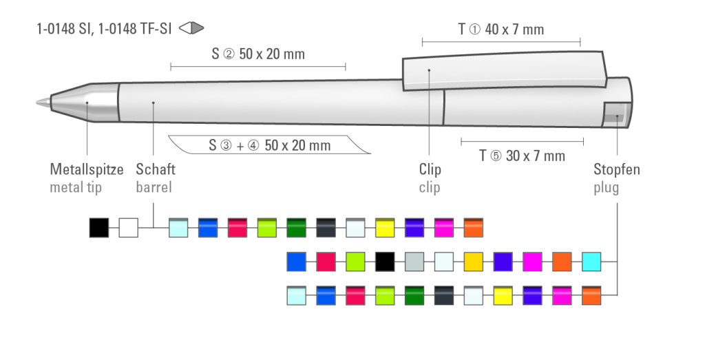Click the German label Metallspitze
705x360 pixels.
pyautogui.click(x=86, y=169)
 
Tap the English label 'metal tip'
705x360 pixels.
pyautogui.click(x=76, y=187)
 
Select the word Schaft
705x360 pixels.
pyautogui.click(x=156, y=169)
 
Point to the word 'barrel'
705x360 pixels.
pyautogui.click(x=154, y=187)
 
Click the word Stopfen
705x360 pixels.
pyautogui.click(x=616, y=169)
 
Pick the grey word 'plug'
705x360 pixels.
pyautogui.click(x=606, y=188)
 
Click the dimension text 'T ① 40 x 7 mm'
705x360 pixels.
pyautogui.click(x=501, y=30)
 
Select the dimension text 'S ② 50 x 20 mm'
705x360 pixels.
pyautogui.click(x=258, y=54)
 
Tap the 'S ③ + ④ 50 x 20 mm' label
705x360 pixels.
pyautogui.click(x=270, y=145)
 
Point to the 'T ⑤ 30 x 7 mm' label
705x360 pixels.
pyautogui.click(x=522, y=156)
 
